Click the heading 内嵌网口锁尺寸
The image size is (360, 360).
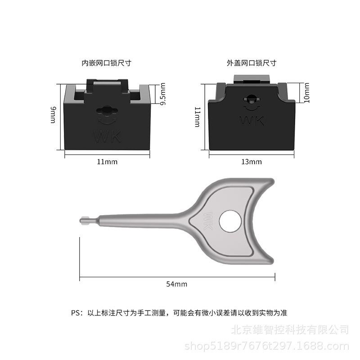click(106, 63)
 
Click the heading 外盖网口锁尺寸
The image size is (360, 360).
click(252, 63)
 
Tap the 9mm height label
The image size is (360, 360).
click(53, 115)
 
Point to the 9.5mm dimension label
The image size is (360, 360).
click(163, 94)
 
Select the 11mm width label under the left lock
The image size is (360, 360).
click(107, 162)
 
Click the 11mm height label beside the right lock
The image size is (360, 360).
click(198, 117)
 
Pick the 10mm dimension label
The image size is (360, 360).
click(306, 93)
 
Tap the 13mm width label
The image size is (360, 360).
click(252, 162)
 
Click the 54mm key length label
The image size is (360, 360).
click(176, 284)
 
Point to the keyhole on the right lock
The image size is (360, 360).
click(252, 99)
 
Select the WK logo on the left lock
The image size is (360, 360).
click(107, 137)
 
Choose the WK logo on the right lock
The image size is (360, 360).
click(252, 121)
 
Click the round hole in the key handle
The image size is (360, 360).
click(230, 221)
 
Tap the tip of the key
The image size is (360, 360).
click(81, 220)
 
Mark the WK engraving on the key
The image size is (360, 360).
click(208, 221)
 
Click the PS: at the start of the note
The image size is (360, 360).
click(77, 313)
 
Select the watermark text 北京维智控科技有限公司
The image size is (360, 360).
click(290, 330)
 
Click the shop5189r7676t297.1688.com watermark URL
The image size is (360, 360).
click(267, 346)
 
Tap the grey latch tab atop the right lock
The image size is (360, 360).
click(252, 80)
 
